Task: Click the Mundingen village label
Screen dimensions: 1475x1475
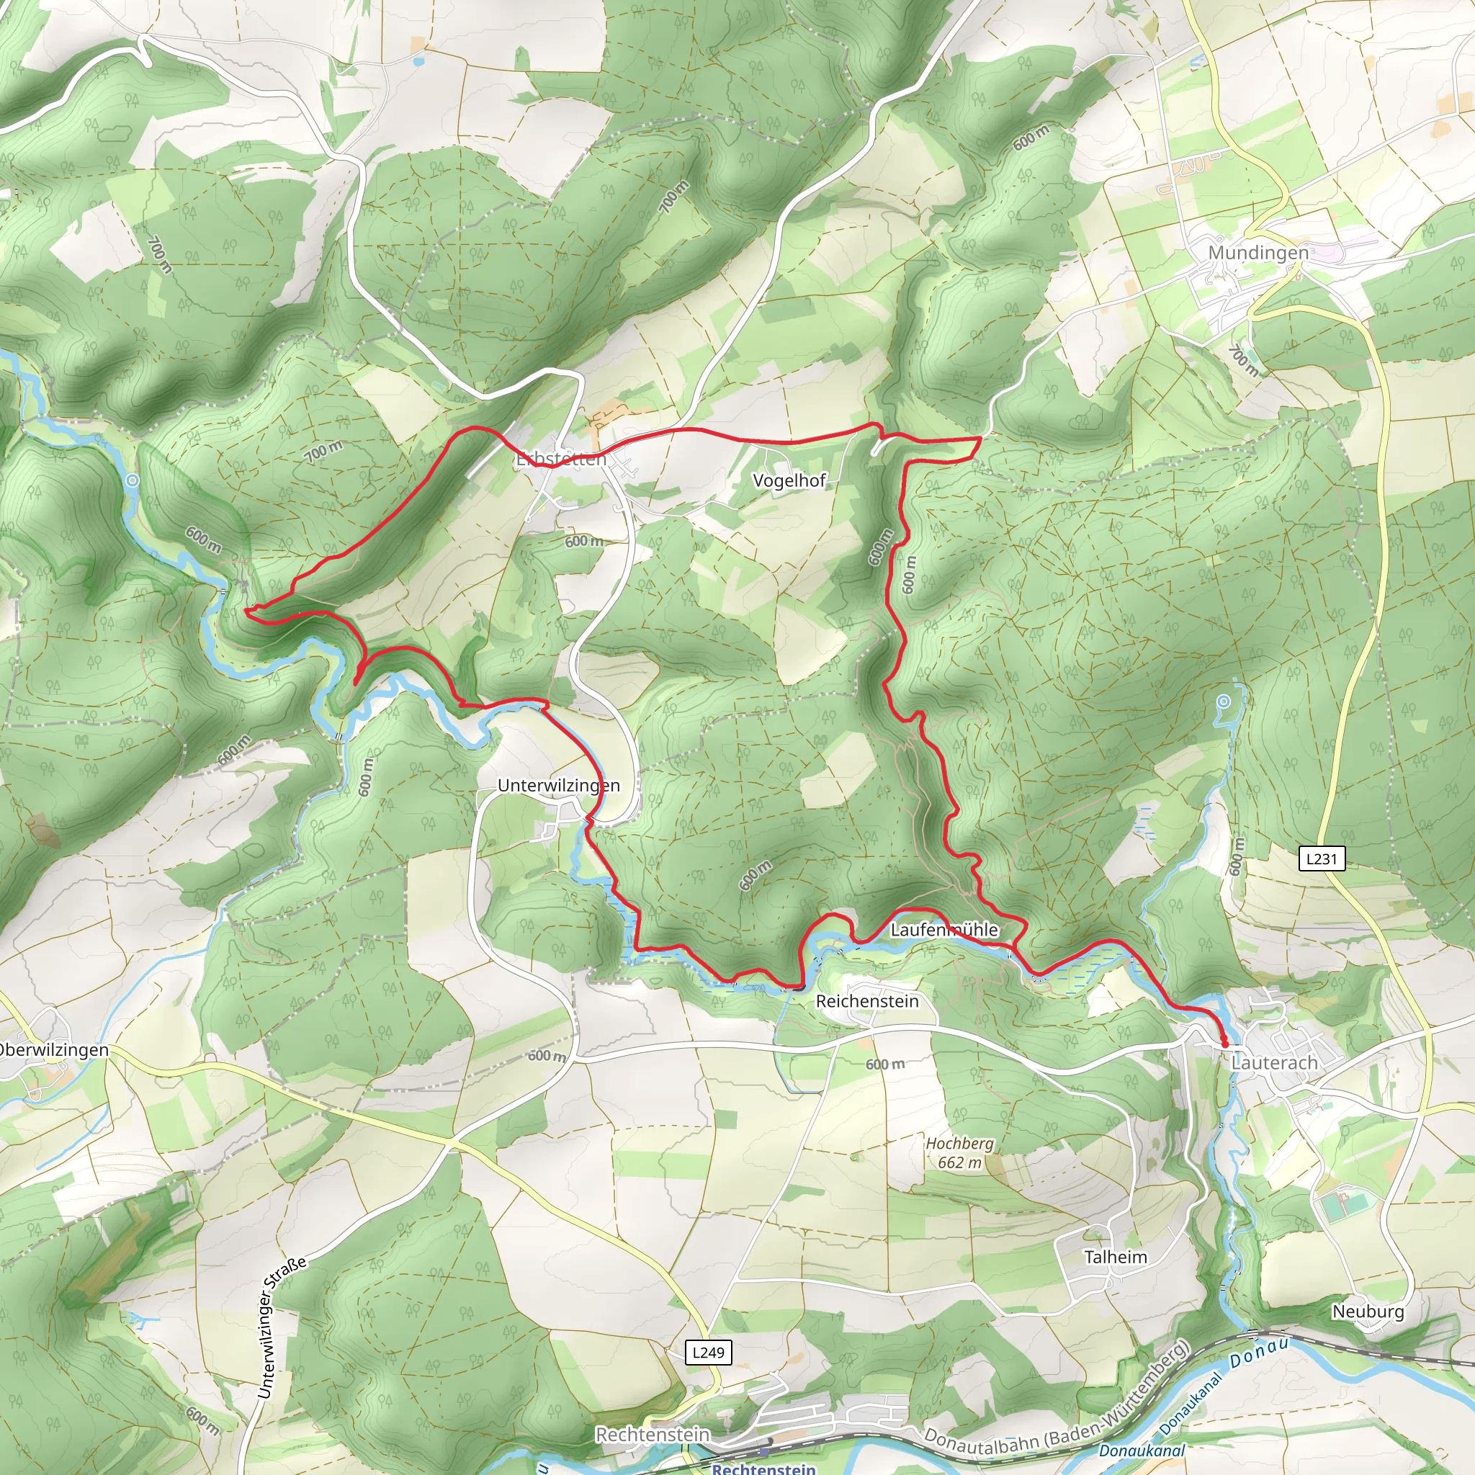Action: click(x=1258, y=252)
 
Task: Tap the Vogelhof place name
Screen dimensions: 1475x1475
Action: click(x=789, y=480)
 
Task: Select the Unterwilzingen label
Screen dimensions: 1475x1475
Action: click(x=558, y=785)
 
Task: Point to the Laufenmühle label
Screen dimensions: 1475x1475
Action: click(x=944, y=929)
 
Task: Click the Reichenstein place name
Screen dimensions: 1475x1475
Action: click(x=867, y=1001)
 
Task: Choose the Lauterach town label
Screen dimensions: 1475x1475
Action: click(x=1274, y=1063)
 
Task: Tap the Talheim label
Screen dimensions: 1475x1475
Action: click(x=1116, y=1257)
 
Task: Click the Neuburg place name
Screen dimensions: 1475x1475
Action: click(x=1368, y=1311)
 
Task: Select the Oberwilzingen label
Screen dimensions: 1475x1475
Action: click(x=53, y=1050)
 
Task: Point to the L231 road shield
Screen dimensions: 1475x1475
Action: click(x=1322, y=859)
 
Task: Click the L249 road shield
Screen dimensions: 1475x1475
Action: click(x=708, y=1353)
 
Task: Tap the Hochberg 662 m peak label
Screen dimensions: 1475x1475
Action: click(x=959, y=1154)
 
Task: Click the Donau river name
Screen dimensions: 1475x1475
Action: click(x=1258, y=1351)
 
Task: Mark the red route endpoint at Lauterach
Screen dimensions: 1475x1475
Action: click(x=1224, y=1043)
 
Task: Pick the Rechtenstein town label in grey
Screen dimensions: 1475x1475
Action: click(x=653, y=1435)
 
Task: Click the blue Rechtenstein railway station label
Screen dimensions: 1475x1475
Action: click(x=763, y=1468)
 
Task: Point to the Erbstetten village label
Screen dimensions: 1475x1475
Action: click(x=561, y=459)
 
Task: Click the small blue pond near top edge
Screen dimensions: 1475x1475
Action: click(x=418, y=60)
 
